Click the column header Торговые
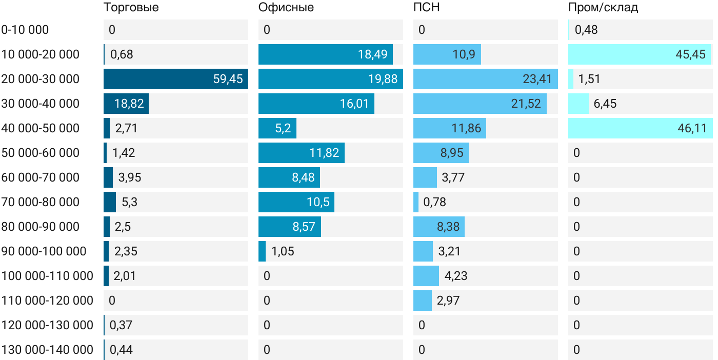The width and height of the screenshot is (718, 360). pos(131,8)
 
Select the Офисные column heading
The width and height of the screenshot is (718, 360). pos(286,8)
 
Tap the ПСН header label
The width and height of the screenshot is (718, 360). pos(426,8)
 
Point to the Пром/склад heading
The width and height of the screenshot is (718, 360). pos(603,8)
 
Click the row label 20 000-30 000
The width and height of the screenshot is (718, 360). pos(41,79)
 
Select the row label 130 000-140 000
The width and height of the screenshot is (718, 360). pos(47,350)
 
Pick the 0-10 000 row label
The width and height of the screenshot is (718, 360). pos(25,30)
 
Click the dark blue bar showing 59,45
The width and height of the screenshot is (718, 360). pos(175,79)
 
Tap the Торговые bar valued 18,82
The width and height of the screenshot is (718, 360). pos(126,104)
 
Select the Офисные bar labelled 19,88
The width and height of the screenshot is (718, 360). pos(330,79)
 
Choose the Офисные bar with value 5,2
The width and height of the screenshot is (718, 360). pos(277,128)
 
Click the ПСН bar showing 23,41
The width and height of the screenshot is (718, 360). pos(485,79)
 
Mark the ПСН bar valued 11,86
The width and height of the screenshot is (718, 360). pos(449,128)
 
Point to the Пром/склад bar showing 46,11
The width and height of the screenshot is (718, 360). pos(640,128)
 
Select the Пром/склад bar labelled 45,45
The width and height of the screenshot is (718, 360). pos(639,54)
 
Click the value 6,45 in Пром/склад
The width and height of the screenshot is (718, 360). pos(605,104)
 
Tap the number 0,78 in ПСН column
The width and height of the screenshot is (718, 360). pos(434,202)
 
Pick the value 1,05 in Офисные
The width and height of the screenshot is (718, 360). pos(283,251)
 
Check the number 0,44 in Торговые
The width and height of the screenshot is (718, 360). pos(122,350)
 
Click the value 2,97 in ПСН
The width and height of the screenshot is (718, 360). pos(448,301)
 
